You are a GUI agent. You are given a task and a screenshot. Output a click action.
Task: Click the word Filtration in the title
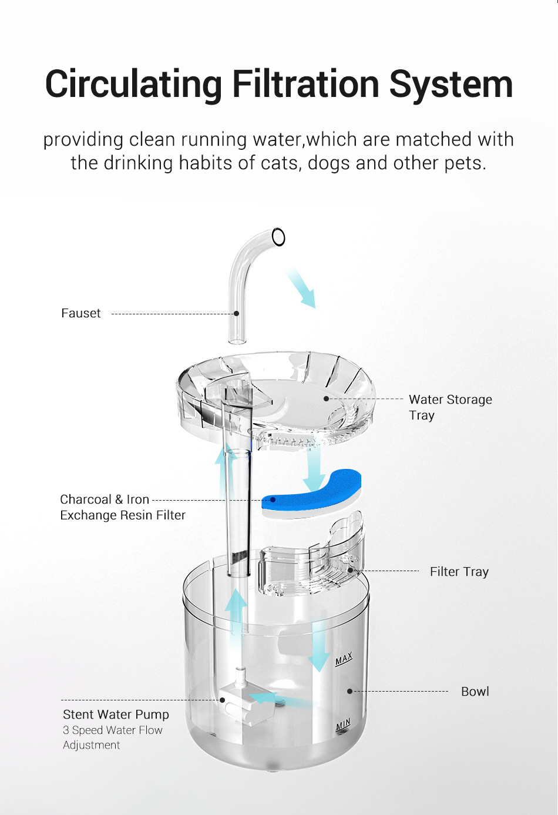coord(305,84)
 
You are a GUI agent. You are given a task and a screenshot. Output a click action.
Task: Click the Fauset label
coord(81,313)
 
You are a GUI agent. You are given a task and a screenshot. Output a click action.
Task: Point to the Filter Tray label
coord(459,571)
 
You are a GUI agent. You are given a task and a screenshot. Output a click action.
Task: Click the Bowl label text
coord(475,692)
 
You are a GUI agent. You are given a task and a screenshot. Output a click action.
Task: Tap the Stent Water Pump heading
coord(116,715)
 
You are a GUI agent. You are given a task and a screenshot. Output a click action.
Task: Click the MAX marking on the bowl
coord(344,659)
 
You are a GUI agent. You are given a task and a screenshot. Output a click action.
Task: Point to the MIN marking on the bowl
coord(343,725)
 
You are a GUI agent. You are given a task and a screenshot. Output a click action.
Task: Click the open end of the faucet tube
coord(279,237)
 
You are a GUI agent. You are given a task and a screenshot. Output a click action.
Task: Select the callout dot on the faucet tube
coord(237,314)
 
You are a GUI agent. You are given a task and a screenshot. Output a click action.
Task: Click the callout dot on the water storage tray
coord(327,398)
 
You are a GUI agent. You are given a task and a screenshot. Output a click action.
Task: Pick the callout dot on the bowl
coord(349,692)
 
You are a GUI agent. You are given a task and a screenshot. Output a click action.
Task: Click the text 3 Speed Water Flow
coord(113,730)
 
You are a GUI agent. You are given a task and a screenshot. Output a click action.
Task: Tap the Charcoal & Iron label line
coord(105,499)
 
